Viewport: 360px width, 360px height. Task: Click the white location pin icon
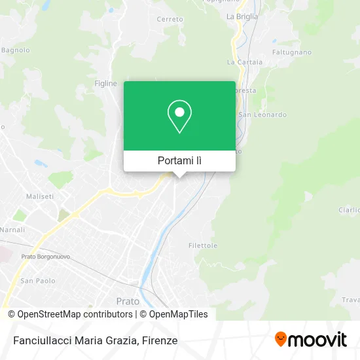pos(179,117)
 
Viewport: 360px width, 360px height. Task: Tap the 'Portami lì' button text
pos(179,160)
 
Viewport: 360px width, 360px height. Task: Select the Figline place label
pos(105,84)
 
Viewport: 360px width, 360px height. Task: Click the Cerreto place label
pos(170,20)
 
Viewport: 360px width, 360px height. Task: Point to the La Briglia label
pos(242,16)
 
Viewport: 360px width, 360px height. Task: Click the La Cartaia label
pos(244,62)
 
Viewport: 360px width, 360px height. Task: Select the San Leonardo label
pos(262,115)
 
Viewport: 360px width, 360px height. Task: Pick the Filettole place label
pos(202,245)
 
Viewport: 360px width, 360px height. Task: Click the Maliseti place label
pos(39,196)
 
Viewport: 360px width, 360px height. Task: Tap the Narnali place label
pos(12,230)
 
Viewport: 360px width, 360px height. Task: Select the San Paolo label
pos(37,281)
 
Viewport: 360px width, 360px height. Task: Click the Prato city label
pos(127,301)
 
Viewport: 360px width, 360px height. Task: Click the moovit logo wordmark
pos(318,340)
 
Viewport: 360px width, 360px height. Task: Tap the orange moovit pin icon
pos(281,340)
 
